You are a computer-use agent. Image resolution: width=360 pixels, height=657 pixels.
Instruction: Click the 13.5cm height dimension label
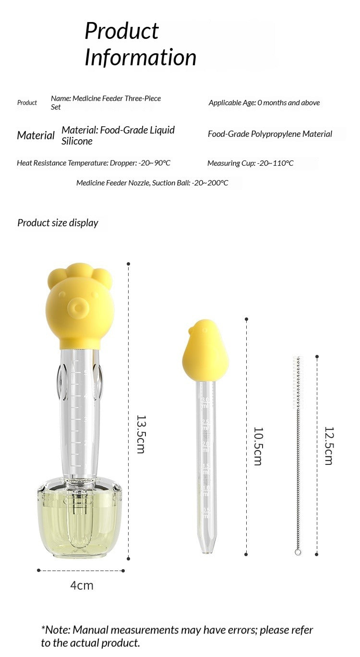141,434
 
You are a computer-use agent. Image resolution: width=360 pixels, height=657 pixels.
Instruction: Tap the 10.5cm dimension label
258,446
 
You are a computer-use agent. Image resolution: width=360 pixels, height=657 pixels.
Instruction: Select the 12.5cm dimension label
329,446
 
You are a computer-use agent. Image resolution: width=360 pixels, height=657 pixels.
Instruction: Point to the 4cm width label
82,585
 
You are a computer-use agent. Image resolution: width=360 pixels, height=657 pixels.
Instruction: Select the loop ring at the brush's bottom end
298,552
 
